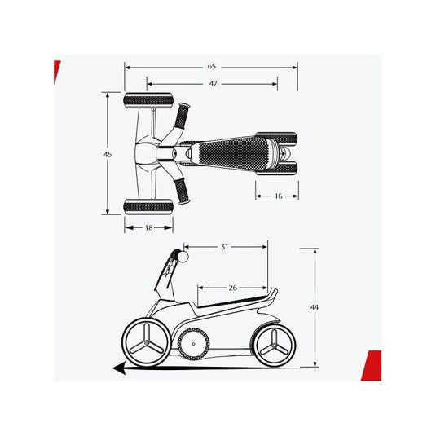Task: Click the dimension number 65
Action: [x=212, y=67]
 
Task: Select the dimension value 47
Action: [x=213, y=83]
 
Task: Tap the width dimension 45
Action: [x=108, y=154]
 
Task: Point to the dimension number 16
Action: [x=279, y=196]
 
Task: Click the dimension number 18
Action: [x=149, y=227]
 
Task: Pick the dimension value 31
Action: [x=224, y=247]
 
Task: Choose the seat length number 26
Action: [x=233, y=288]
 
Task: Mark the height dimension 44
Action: [x=315, y=307]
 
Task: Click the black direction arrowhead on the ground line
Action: [x=120, y=368]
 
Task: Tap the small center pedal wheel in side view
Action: [x=193, y=344]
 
